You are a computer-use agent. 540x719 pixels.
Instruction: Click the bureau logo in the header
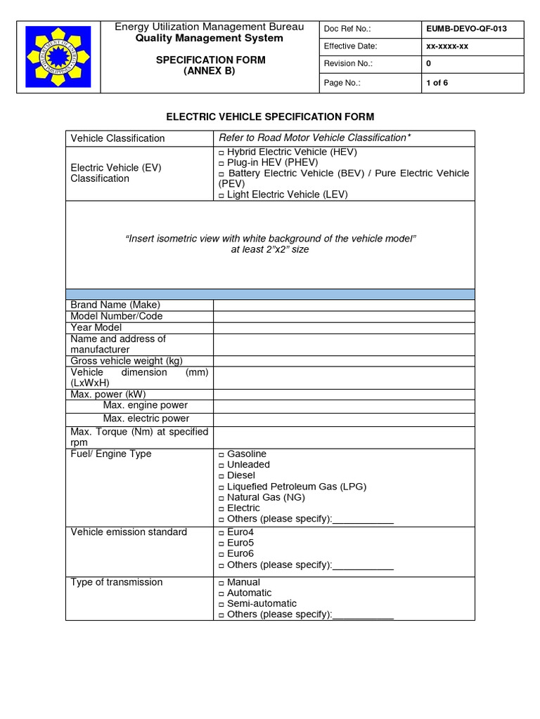tap(58, 56)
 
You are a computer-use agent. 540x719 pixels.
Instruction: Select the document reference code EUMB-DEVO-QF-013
tap(466, 29)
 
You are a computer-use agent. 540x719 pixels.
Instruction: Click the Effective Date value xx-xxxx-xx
tap(447, 46)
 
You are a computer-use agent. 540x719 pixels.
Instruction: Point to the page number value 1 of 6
tap(437, 83)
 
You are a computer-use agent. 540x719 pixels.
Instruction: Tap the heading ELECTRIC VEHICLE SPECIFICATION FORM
tap(269, 117)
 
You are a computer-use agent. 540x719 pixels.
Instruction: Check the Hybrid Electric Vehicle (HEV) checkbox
tap(221, 152)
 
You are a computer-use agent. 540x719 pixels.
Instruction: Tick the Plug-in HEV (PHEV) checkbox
tap(221, 163)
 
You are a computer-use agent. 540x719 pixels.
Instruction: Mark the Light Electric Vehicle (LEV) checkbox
tap(221, 195)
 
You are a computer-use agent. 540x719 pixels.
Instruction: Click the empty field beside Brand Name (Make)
tap(344, 305)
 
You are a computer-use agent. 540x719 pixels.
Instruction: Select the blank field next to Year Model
tap(344, 327)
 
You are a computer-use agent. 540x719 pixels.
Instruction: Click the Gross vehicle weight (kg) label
tap(127, 361)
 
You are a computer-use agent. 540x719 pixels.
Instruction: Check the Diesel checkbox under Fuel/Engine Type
tap(221, 476)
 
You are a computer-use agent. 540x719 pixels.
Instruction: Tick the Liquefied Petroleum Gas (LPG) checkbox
tap(221, 487)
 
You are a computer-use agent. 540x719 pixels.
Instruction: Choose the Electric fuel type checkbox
tap(221, 508)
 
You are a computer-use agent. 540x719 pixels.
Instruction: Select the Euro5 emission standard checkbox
tap(221, 543)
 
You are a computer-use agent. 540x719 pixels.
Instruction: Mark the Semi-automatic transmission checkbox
tap(221, 605)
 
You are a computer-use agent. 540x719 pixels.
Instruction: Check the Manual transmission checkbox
tap(221, 583)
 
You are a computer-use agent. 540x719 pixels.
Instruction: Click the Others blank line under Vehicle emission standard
tap(363, 565)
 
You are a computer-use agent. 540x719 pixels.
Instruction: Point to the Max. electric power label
tap(146, 418)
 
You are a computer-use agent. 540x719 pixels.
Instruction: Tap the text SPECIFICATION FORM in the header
tap(210, 60)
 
